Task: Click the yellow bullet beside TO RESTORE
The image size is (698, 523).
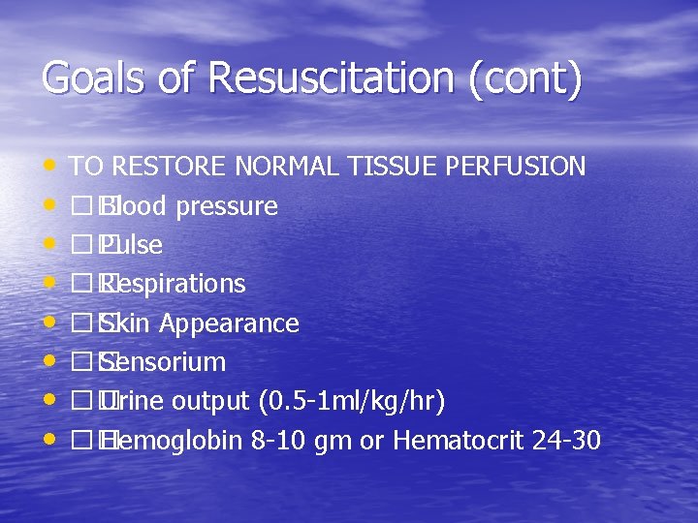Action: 49,167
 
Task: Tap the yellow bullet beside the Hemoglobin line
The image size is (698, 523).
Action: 49,441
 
